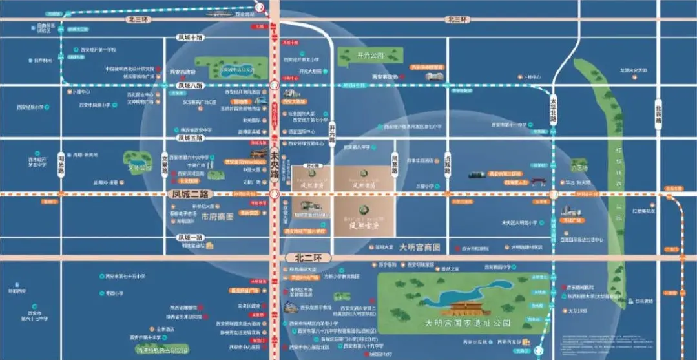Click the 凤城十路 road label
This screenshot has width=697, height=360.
point(191,38)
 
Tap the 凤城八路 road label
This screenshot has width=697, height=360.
point(191,85)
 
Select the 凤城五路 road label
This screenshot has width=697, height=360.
point(191,138)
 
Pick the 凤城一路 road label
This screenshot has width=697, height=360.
point(189,237)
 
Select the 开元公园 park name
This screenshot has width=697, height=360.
point(370,56)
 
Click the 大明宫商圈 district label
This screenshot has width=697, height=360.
point(419,247)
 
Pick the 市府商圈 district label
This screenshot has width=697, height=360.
point(216,217)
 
